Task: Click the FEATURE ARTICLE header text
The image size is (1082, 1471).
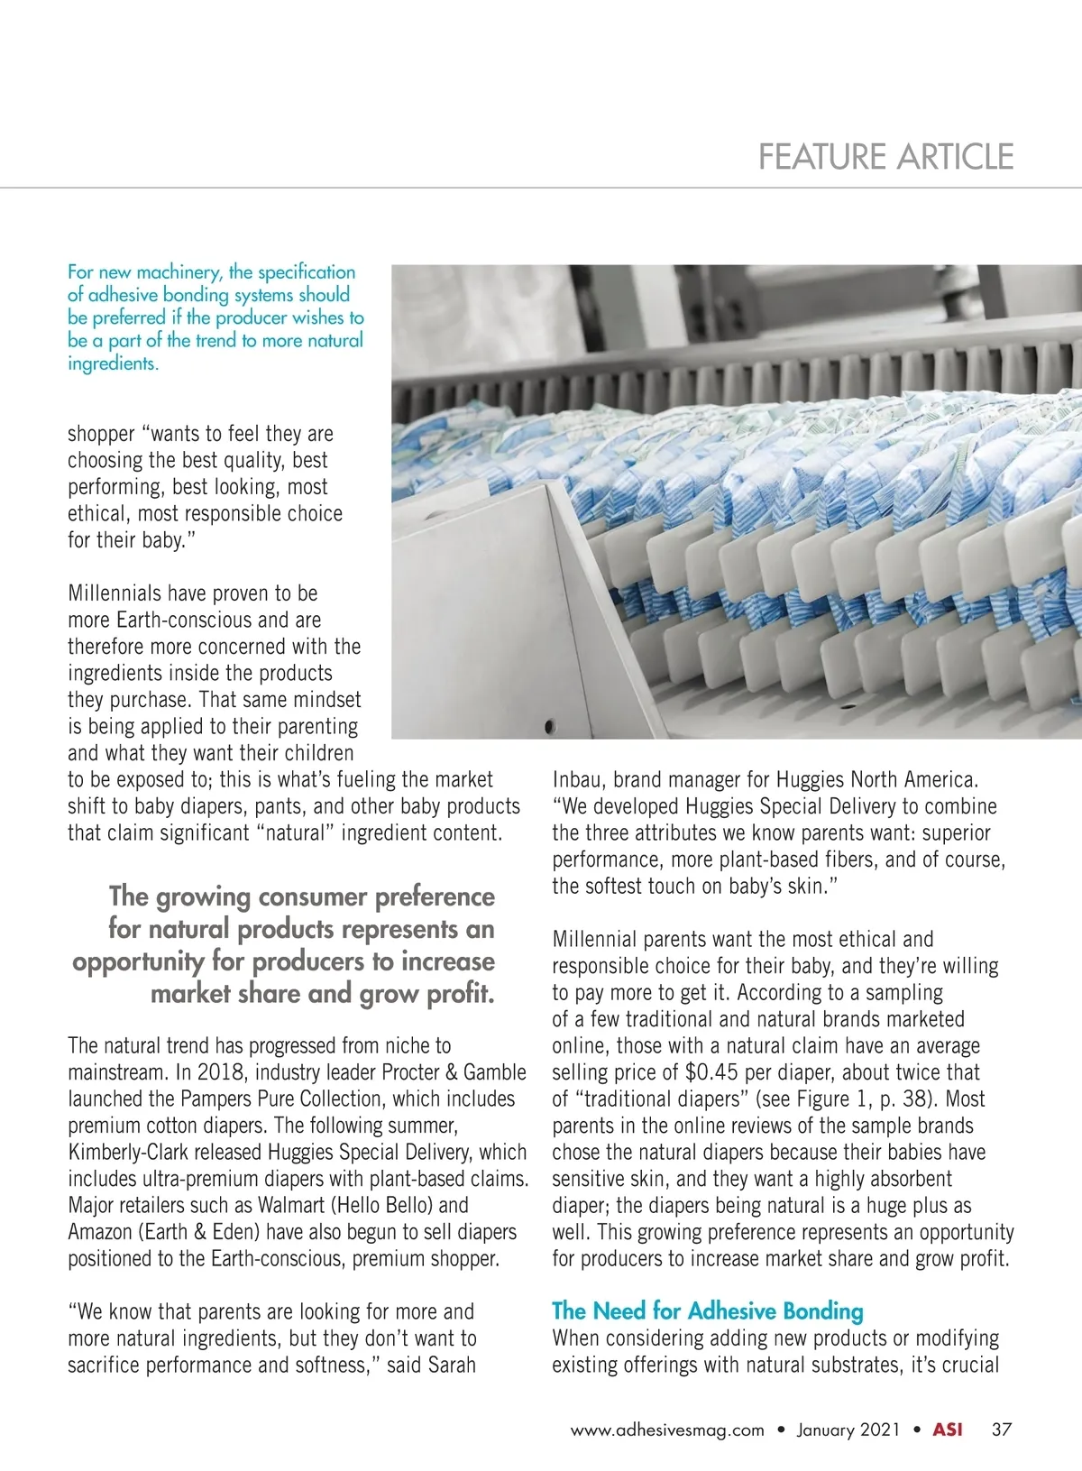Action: tap(885, 157)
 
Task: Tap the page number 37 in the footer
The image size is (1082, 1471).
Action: tap(1002, 1430)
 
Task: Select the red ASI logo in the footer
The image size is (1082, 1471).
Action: tap(947, 1430)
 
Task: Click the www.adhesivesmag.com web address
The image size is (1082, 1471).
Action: tap(667, 1430)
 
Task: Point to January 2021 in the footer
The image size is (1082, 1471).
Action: tap(848, 1430)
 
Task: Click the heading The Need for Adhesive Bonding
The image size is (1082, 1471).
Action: tap(707, 1310)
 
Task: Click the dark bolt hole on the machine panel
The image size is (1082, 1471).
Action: tap(547, 725)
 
